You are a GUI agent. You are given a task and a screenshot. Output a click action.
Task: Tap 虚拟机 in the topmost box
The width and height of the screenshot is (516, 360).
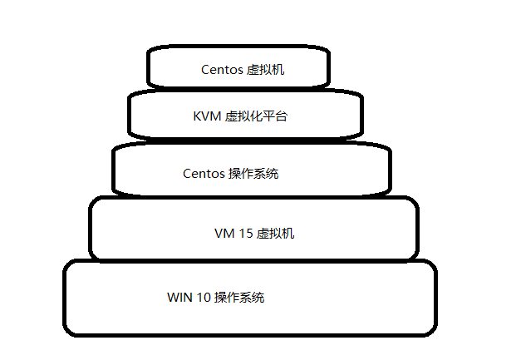pyautogui.click(x=267, y=70)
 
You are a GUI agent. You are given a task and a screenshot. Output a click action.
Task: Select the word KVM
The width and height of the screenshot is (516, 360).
pyautogui.click(x=208, y=116)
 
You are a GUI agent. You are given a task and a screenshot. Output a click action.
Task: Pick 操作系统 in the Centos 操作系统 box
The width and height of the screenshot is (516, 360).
pyautogui.click(x=253, y=174)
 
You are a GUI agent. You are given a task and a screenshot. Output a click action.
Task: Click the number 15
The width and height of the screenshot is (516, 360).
pyautogui.click(x=246, y=234)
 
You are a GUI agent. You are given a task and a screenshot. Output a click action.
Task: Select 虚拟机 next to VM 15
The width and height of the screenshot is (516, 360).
pyautogui.click(x=276, y=234)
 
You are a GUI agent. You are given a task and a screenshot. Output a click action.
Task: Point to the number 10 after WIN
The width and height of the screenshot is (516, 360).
pyautogui.click(x=204, y=297)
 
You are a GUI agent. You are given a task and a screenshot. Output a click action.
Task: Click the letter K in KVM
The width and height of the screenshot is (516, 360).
pyautogui.click(x=198, y=116)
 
